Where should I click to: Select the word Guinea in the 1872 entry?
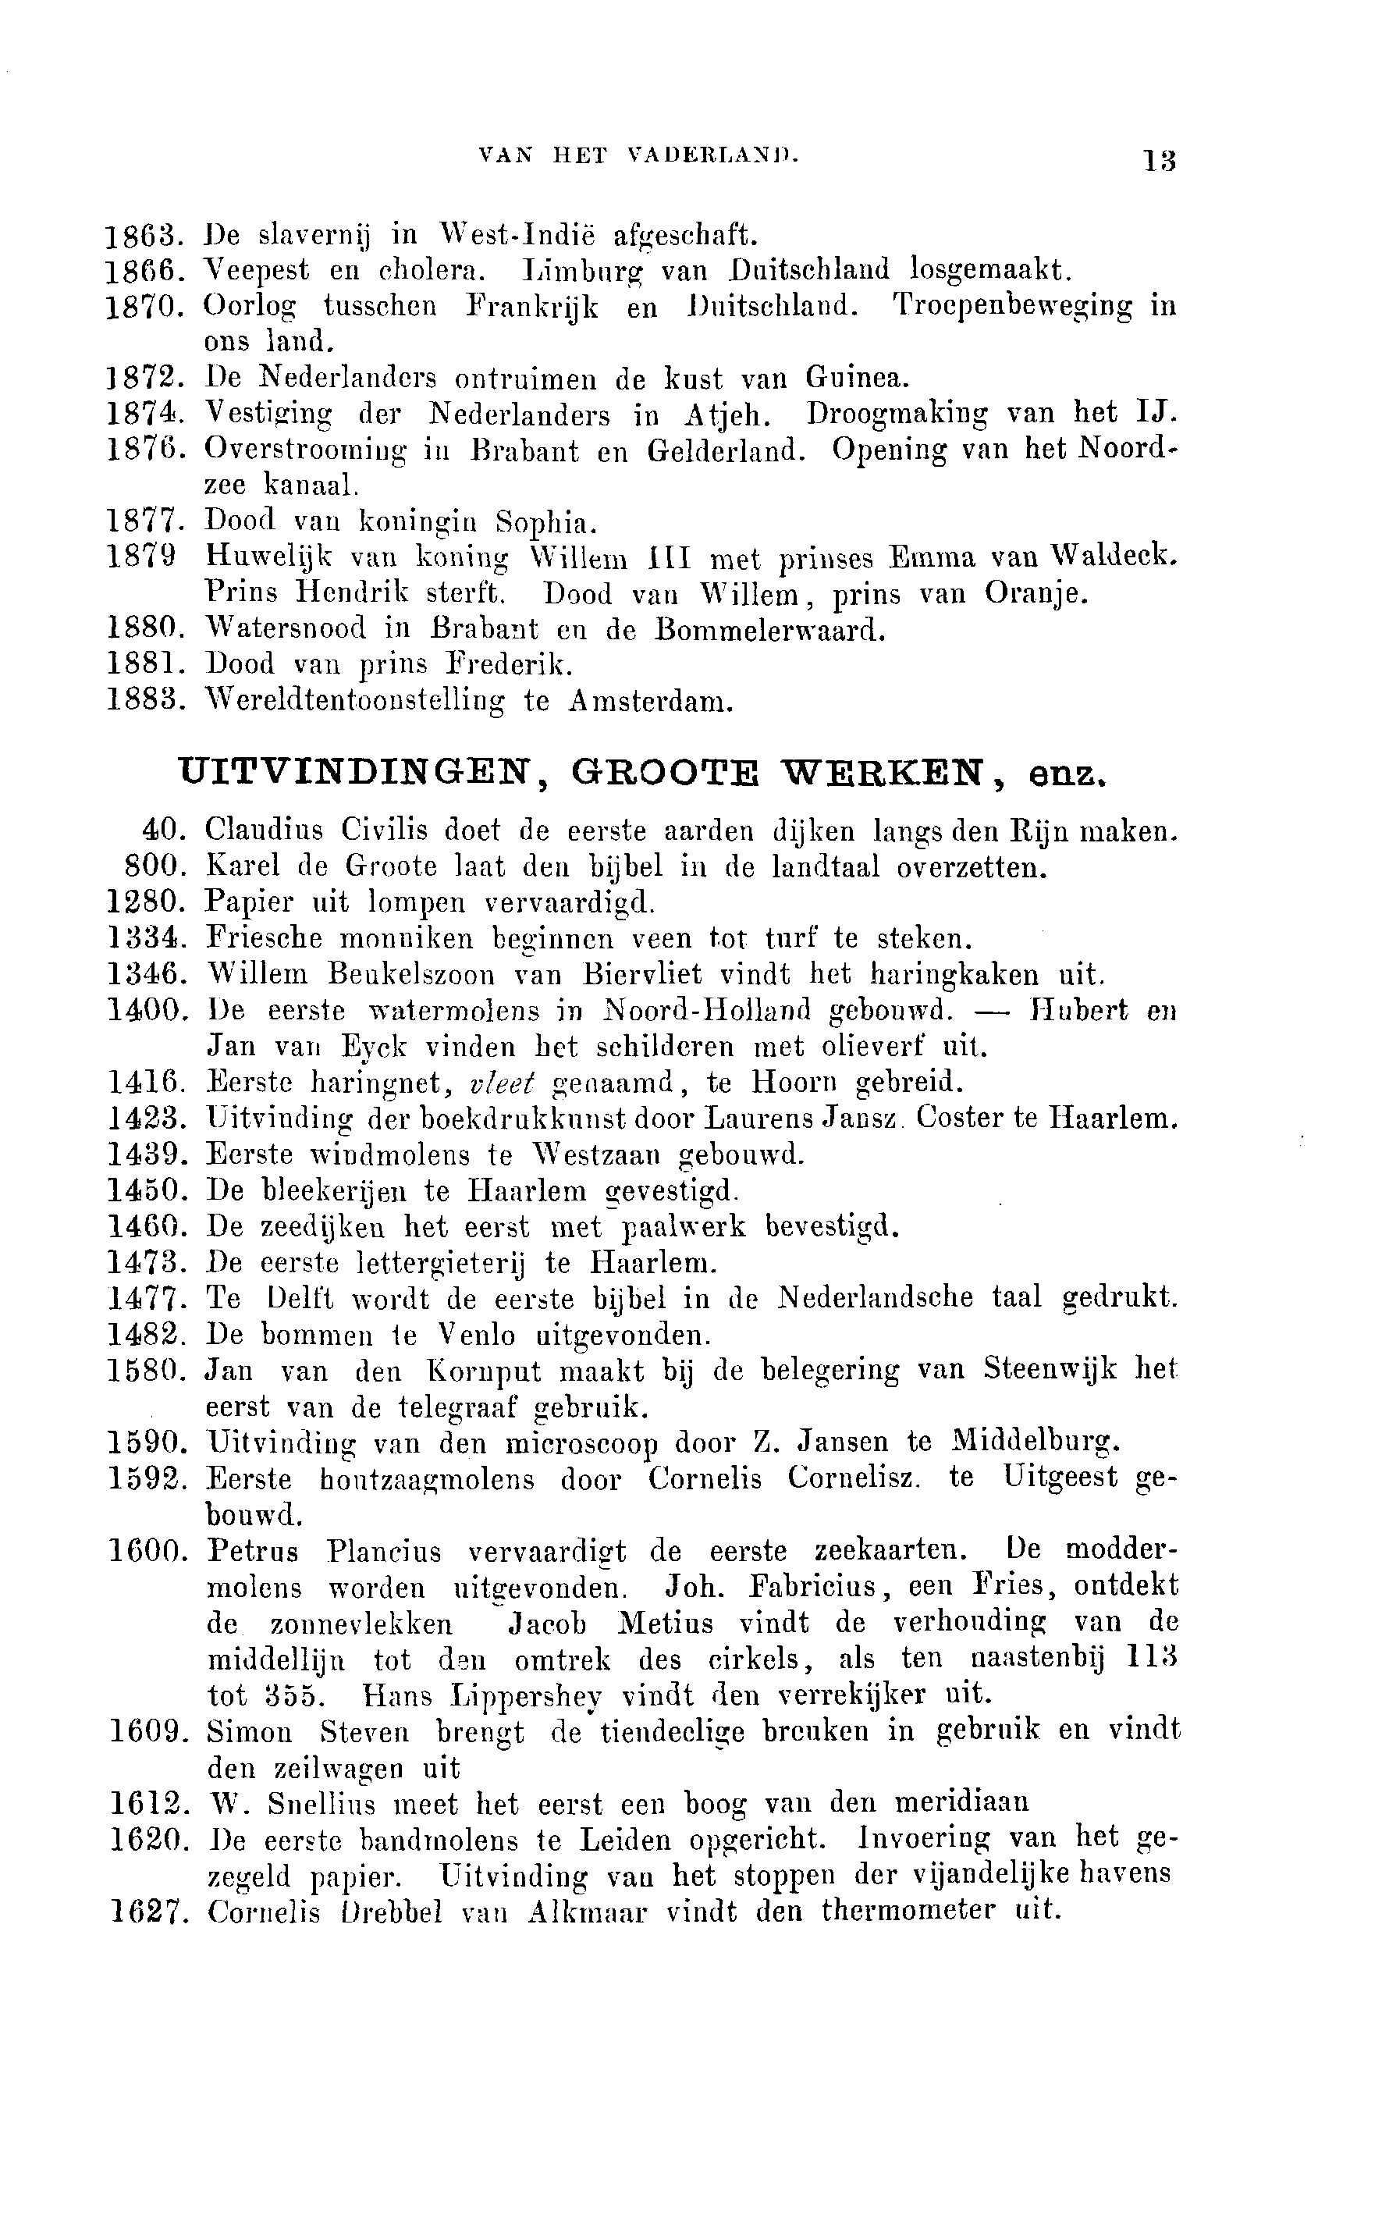[x=857, y=378]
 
